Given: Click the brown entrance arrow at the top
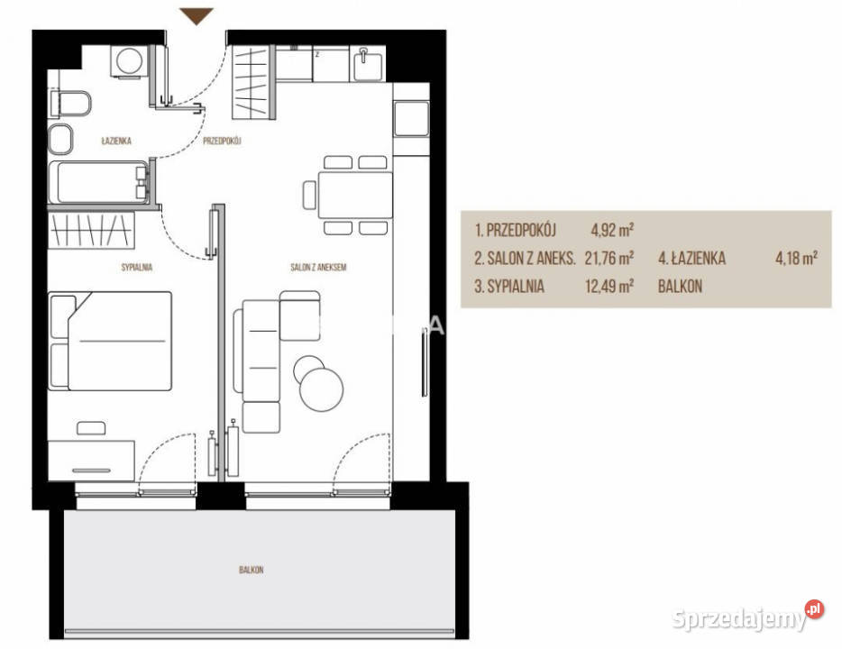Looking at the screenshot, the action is click(x=196, y=16).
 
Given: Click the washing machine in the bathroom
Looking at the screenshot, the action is click(x=128, y=61).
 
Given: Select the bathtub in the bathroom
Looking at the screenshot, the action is click(x=98, y=182).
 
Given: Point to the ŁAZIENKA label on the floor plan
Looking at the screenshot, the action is click(x=116, y=141).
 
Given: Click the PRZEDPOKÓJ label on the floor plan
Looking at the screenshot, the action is click(x=222, y=141).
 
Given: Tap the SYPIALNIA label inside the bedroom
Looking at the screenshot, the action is click(x=136, y=267).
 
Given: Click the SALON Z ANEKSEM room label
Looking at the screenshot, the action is click(x=318, y=267).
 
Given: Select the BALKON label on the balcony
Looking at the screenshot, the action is click(x=251, y=570).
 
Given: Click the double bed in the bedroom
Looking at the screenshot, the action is click(x=110, y=341).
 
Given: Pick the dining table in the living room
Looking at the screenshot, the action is click(x=355, y=195).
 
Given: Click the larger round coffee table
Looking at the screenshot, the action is click(x=321, y=389).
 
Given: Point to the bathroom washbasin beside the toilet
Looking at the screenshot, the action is click(x=60, y=139).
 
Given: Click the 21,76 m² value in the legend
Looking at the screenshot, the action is click(x=609, y=258).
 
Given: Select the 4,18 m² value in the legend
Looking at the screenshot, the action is click(x=796, y=258).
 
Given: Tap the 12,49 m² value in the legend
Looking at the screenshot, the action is click(x=609, y=286).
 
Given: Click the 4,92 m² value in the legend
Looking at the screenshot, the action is click(x=612, y=230).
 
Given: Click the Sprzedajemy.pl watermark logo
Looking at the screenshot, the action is click(x=747, y=617).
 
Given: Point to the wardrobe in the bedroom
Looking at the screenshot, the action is click(x=91, y=230).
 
